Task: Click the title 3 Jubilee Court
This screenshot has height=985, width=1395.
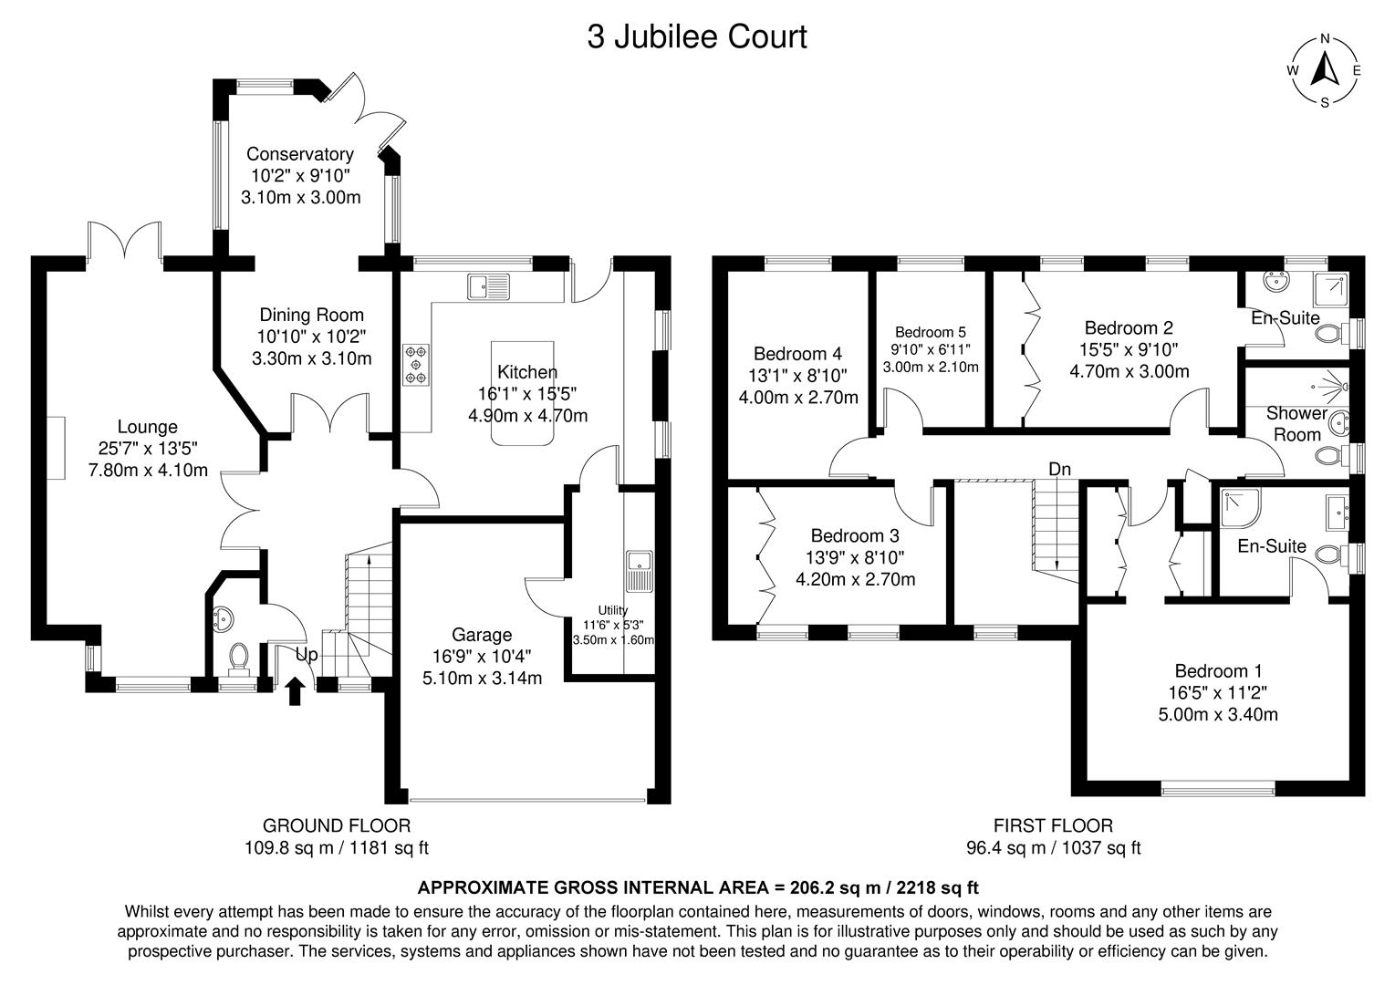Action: (697, 37)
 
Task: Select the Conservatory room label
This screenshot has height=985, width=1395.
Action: (299, 154)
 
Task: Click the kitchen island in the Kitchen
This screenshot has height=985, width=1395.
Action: (522, 393)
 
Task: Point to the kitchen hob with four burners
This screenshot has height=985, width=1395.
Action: (416, 363)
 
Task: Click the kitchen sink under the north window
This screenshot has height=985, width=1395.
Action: (489, 286)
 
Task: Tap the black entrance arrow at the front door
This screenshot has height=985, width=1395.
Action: (294, 690)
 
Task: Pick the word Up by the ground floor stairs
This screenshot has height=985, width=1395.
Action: (307, 654)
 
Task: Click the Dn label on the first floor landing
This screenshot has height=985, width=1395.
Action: (1059, 469)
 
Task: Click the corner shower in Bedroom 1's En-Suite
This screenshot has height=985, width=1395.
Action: (1239, 508)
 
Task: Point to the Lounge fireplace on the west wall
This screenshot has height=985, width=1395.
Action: (57, 448)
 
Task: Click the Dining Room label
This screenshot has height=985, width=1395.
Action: (311, 315)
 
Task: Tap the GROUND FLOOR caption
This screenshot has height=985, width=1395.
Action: (336, 825)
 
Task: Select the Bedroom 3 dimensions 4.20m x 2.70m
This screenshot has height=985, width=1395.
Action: (855, 579)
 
